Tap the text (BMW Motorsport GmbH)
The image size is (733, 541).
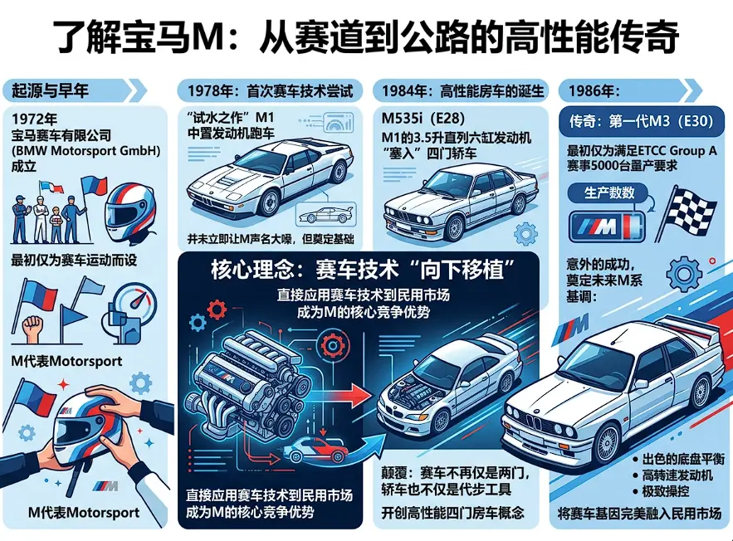pos(86,151)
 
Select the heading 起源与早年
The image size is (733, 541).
pos(50,90)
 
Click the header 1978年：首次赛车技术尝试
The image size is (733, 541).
pos(270,90)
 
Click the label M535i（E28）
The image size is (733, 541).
pos(423,118)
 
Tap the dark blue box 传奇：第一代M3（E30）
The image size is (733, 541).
pos(640,121)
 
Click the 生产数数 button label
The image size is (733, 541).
pos(608,193)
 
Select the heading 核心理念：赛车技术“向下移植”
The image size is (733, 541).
pos(363,270)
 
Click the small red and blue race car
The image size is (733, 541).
pos(318,450)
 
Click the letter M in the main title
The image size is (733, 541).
pos(207,37)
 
